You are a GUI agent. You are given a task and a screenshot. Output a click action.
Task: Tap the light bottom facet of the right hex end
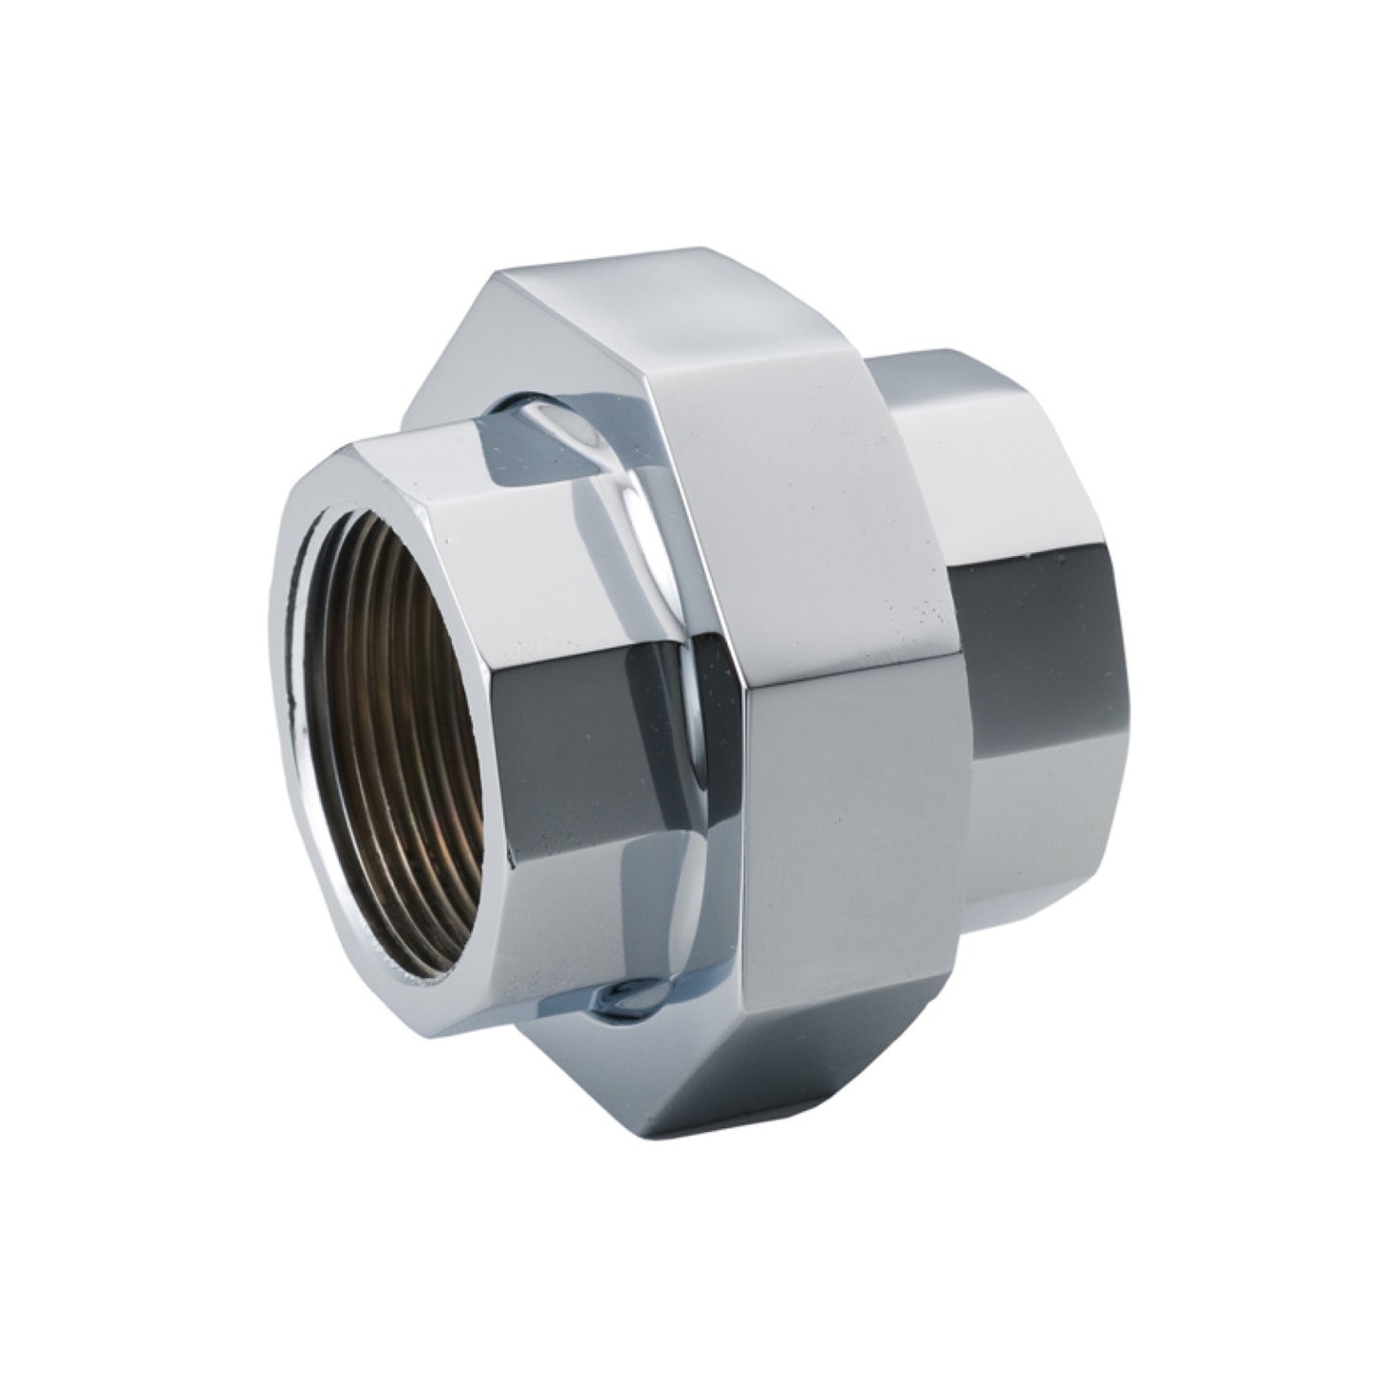pyautogui.click(x=1021, y=896)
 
